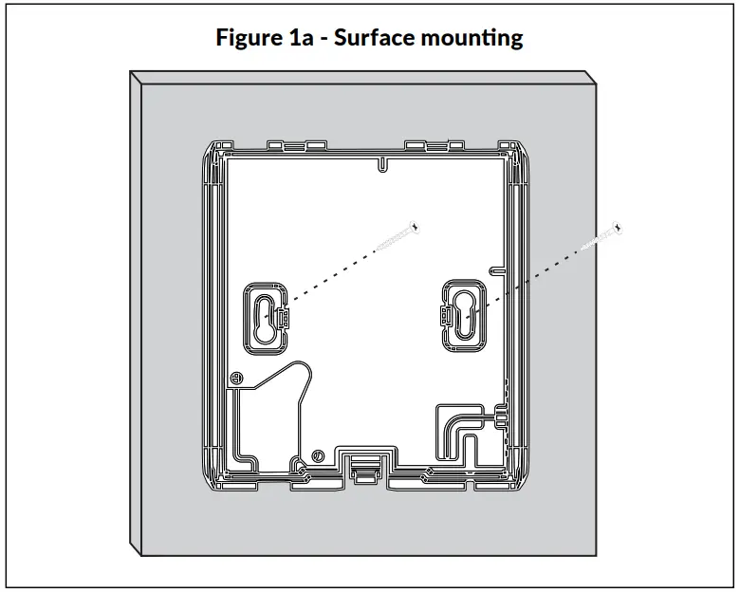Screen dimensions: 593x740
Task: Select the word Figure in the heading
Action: [248, 40]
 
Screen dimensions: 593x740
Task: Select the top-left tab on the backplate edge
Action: [287, 144]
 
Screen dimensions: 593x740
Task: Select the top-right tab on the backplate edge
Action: [434, 144]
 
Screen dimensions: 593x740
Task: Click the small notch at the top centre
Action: [380, 164]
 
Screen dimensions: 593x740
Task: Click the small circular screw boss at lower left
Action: [233, 378]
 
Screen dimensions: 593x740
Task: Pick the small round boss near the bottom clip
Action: [318, 457]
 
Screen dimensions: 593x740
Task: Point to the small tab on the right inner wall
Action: [495, 269]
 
